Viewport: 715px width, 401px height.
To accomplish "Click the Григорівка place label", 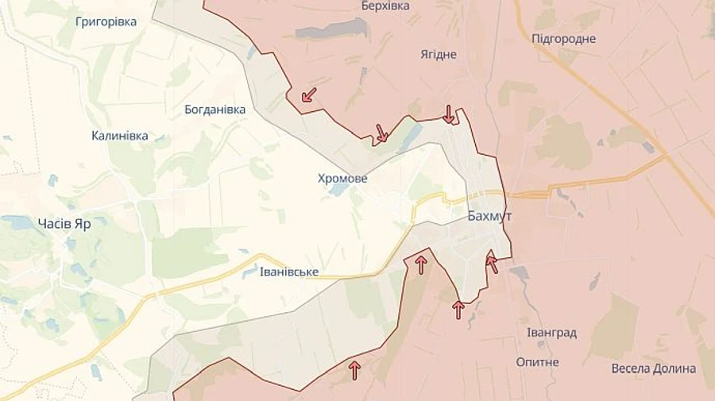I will tap(106, 21).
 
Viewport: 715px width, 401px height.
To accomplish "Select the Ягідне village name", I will tap(439, 54).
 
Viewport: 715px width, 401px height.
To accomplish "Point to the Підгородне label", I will tap(563, 38).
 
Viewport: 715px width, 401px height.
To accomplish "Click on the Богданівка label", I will tap(214, 109).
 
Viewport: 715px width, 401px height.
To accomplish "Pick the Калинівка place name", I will tap(119, 136).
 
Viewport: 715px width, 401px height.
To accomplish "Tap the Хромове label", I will tap(342, 179).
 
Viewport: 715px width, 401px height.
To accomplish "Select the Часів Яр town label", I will tap(64, 223).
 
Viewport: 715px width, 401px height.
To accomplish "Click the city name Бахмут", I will tap(489, 215).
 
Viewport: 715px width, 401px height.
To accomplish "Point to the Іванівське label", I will tap(289, 272).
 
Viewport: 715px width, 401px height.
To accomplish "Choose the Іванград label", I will tap(551, 333).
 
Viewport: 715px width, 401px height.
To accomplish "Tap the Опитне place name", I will tap(537, 361).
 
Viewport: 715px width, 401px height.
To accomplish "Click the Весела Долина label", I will tap(653, 368).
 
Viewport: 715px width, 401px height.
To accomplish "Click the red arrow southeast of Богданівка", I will tap(308, 95).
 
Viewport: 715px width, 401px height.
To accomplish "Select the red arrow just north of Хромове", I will tap(381, 133).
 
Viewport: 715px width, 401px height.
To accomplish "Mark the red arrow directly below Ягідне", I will tap(449, 114).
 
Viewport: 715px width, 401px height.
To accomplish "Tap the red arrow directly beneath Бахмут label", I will tap(492, 263).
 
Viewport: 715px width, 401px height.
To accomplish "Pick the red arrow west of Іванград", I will tap(458, 309).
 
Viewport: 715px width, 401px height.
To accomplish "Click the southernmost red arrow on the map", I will tap(354, 369).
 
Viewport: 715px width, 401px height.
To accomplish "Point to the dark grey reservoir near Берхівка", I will tap(332, 30).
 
